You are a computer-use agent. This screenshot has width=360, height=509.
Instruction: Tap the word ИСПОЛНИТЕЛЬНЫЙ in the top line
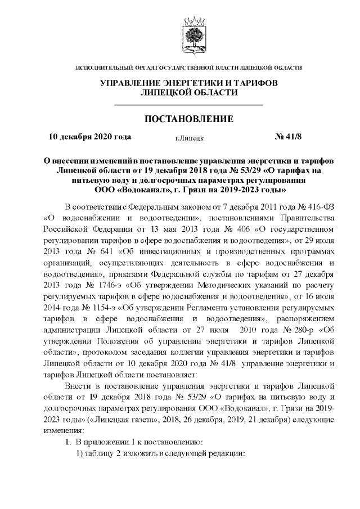pyautogui.click(x=103, y=68)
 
